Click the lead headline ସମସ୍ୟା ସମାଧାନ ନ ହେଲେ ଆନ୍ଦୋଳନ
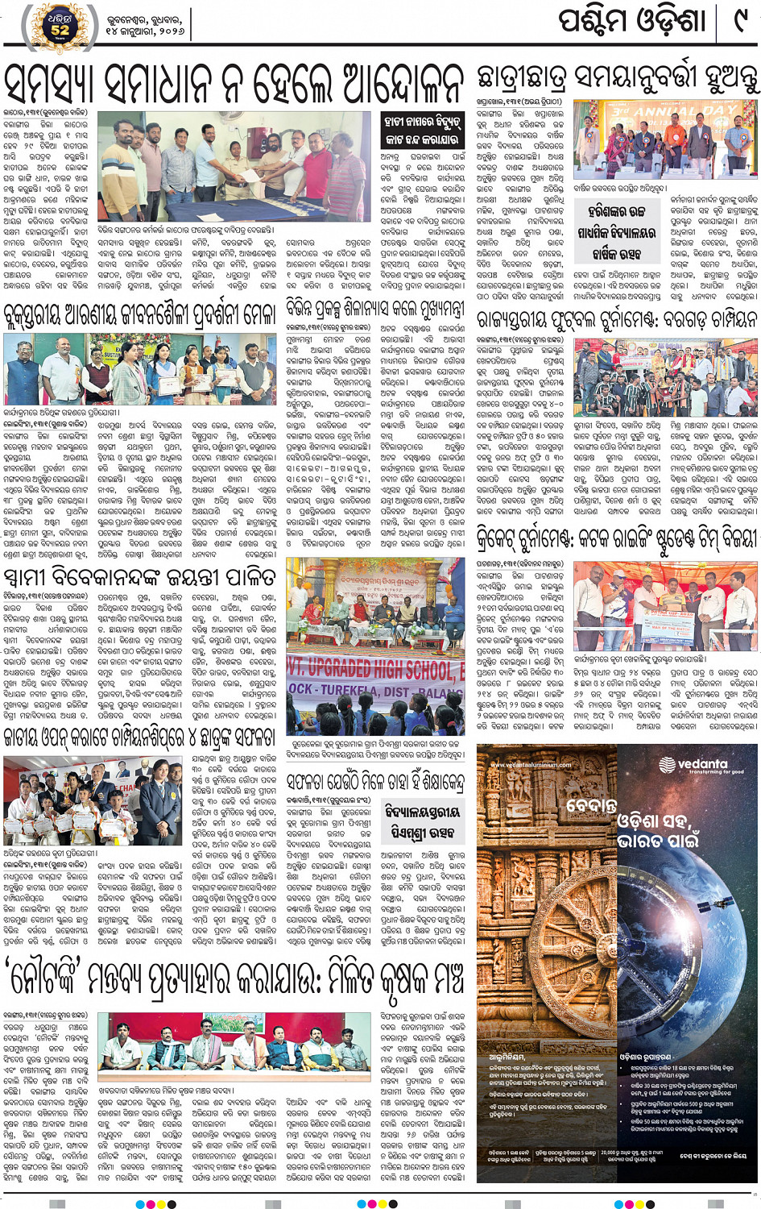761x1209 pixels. pyautogui.click(x=234, y=81)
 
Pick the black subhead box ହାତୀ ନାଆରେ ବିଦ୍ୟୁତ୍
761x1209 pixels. pyautogui.click(x=421, y=129)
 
